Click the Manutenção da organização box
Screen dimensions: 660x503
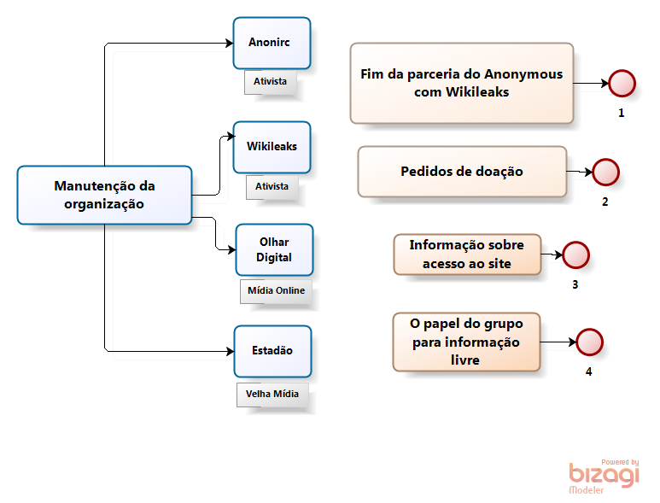point(104,195)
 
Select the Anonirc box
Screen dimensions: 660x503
point(272,43)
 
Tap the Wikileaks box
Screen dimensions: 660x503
point(272,147)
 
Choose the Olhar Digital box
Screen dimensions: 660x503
point(274,249)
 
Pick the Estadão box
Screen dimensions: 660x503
point(272,351)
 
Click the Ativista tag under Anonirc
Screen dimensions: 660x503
point(270,82)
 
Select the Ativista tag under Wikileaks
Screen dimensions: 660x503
point(272,186)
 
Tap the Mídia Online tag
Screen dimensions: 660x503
point(276,291)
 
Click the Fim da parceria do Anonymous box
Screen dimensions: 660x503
point(462,83)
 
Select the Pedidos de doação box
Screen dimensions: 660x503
point(462,172)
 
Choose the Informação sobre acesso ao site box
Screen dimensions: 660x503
point(467,254)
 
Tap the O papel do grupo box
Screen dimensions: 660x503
point(467,342)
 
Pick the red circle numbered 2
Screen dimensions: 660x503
point(605,173)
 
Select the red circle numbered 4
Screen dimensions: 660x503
point(589,342)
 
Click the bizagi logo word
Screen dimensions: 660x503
point(604,476)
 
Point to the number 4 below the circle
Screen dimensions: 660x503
point(588,371)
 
